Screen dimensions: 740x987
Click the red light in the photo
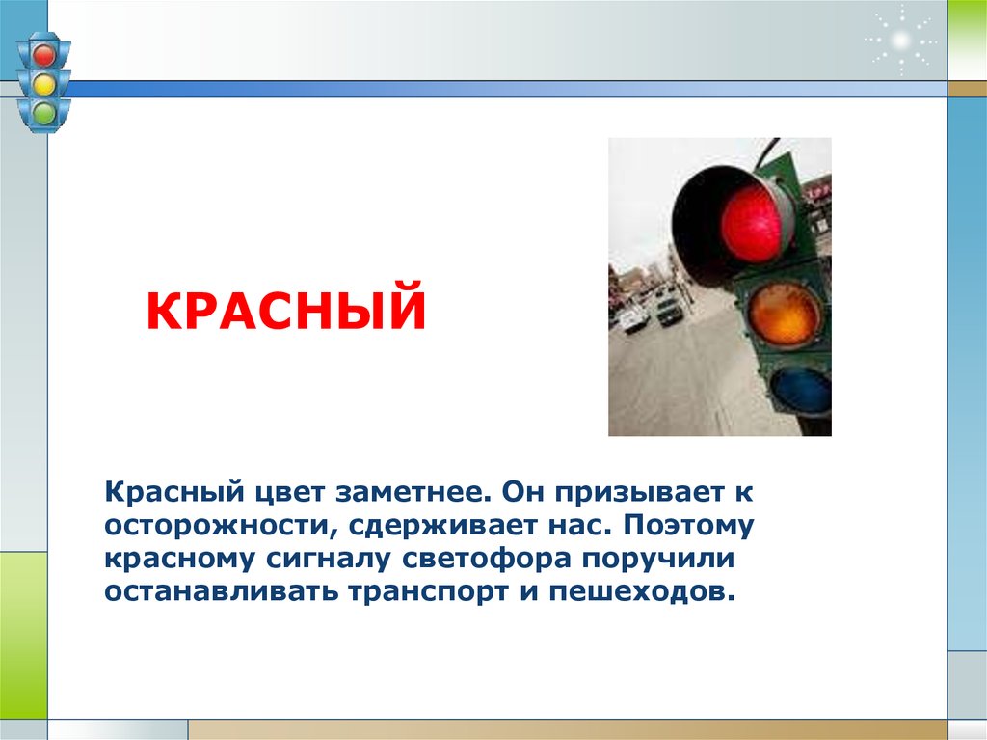(751, 224)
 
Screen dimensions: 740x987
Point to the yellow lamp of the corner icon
(43, 85)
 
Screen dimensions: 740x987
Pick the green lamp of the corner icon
(43, 114)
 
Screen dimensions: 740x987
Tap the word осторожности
(214, 527)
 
